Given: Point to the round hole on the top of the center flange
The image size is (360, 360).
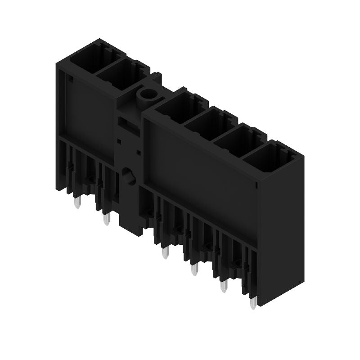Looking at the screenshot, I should [x=146, y=94].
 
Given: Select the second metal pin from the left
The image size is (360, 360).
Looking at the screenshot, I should [x=107, y=220].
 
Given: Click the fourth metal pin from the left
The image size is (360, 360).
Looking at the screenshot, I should [x=194, y=270].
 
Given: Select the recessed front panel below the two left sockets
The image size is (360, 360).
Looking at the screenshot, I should [x=88, y=110].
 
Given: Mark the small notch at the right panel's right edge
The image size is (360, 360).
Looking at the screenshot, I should [x=256, y=184].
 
